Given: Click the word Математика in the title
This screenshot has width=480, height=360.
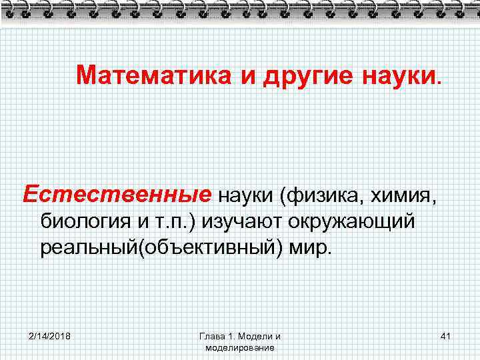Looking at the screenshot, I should coord(153,75).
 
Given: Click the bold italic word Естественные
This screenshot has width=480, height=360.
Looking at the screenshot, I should coord(117,195).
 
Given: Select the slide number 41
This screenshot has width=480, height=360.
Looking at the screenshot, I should coord(445,335).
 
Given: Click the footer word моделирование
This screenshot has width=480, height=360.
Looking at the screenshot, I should coord(240,347).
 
